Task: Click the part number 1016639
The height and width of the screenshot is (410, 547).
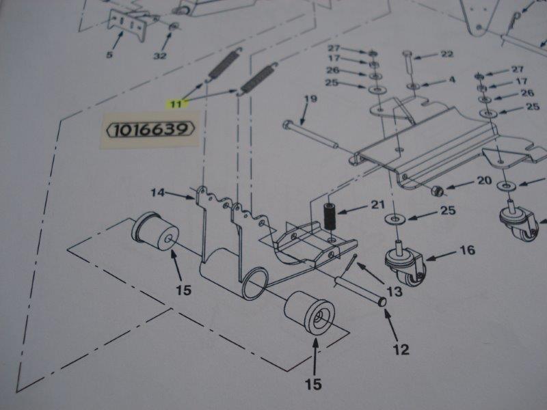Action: click(150, 130)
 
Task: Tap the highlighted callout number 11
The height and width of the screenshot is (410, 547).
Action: click(176, 104)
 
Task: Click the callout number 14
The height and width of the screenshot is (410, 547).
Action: click(157, 192)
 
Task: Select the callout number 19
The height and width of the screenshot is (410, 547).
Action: click(310, 99)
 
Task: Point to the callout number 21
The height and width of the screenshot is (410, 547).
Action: click(377, 204)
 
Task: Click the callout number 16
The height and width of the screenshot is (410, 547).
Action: click(468, 249)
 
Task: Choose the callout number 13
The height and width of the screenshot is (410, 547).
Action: click(395, 291)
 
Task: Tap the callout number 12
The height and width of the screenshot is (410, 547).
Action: click(401, 349)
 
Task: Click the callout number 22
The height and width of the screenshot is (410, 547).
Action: click(447, 54)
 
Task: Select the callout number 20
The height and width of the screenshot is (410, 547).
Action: click(485, 180)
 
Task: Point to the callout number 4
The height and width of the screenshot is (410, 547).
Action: click(452, 80)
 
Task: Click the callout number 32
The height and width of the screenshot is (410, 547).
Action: click(160, 56)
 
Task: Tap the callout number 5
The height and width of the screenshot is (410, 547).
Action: click(109, 55)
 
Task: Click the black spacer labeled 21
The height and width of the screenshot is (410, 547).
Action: click(330, 217)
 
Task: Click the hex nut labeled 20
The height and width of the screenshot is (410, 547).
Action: click(438, 191)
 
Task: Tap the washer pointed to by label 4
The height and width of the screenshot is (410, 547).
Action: click(414, 85)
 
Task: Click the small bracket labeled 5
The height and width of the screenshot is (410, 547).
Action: click(126, 24)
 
